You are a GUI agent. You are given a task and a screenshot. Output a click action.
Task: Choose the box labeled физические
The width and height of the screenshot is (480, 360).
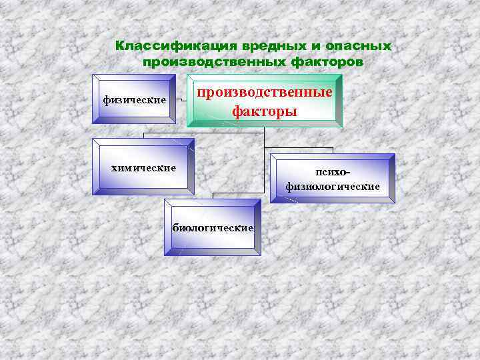tap(134, 99)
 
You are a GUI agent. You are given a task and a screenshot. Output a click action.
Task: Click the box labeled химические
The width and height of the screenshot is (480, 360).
tap(143, 167)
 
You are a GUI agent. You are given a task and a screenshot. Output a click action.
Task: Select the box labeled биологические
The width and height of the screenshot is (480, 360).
tap(213, 227)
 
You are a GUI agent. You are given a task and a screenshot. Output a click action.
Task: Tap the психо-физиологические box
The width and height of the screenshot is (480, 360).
tap(333, 178)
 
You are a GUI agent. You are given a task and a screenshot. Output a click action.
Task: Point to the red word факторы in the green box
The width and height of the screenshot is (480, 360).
tap(265, 111)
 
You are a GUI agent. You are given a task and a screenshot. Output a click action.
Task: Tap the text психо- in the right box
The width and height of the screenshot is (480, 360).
tap(333, 172)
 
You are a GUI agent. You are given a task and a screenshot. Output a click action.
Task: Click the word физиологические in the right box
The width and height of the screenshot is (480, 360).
tap(333, 187)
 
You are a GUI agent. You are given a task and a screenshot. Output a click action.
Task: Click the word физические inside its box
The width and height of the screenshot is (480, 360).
tap(134, 100)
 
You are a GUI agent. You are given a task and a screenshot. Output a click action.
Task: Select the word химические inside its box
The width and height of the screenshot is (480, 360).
tap(143, 167)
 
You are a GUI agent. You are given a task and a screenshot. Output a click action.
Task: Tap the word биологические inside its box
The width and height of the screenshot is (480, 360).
tap(213, 228)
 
